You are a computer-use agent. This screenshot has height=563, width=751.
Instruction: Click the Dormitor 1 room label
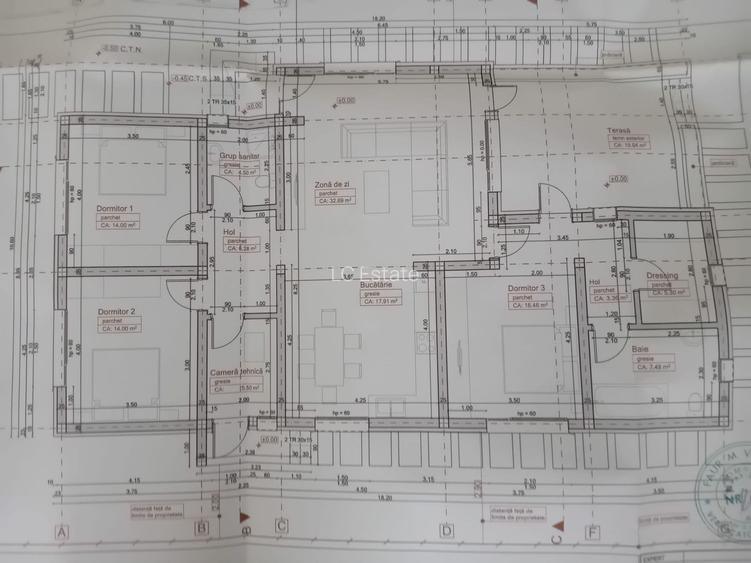(x=116, y=208)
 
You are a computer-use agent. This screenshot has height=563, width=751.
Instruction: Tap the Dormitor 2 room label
(x=116, y=311)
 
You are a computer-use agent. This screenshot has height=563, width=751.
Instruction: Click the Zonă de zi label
(x=332, y=185)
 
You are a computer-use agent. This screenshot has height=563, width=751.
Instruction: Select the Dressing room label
(x=662, y=275)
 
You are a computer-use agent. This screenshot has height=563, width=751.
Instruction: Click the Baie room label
(x=640, y=349)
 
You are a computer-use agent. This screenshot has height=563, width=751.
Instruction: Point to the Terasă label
(x=619, y=131)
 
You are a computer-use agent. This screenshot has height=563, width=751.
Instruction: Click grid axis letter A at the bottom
(x=62, y=531)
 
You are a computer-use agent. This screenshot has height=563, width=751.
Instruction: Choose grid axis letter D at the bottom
(x=446, y=531)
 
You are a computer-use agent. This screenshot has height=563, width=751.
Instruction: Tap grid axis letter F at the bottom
(x=593, y=531)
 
